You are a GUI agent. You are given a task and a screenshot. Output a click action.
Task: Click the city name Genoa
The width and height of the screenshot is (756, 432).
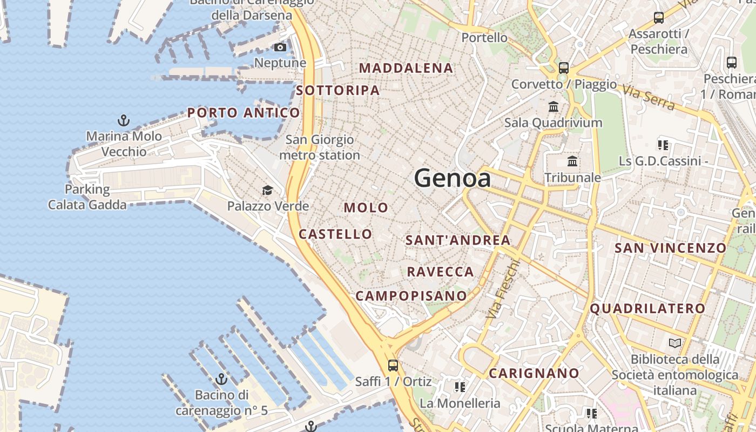(x=453, y=179)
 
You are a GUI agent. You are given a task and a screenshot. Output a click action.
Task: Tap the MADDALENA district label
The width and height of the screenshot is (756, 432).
(x=406, y=68)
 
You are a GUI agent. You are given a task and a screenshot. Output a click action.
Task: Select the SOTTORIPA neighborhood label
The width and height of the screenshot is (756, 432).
(x=338, y=91)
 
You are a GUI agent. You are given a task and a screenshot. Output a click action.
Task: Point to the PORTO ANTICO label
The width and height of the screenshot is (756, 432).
(x=244, y=113)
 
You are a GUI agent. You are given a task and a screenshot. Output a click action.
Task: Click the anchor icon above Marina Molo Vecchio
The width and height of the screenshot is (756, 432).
(x=124, y=120)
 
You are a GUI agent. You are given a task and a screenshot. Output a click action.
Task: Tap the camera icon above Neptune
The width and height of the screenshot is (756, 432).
(x=280, y=48)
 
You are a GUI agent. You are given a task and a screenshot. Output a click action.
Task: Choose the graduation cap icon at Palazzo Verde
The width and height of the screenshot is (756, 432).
(x=267, y=190)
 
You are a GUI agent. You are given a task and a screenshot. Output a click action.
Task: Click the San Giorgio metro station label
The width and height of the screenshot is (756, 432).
(x=320, y=147)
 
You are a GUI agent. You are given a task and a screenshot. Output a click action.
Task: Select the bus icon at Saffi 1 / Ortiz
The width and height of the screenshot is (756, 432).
(x=393, y=365)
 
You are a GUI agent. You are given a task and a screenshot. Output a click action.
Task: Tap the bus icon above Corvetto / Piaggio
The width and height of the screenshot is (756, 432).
(x=564, y=68)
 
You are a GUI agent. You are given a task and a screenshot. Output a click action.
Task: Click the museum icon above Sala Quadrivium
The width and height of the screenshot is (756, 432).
(x=553, y=106)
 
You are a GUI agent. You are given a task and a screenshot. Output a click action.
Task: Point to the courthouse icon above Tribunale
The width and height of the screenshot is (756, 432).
(x=572, y=161)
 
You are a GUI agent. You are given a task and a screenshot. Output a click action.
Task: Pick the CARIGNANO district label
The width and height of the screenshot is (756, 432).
(x=534, y=373)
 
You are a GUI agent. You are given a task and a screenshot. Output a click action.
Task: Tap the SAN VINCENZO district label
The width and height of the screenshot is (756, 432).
(x=671, y=248)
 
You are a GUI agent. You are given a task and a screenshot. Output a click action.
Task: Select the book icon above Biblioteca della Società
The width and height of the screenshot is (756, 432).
(x=674, y=343)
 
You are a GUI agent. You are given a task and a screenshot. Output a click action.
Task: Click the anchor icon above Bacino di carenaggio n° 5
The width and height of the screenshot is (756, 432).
(x=221, y=379)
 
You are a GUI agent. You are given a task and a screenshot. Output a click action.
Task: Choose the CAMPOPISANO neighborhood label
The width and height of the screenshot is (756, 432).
(x=411, y=296)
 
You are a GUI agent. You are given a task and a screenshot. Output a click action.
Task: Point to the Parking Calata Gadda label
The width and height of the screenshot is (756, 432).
(x=87, y=197)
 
